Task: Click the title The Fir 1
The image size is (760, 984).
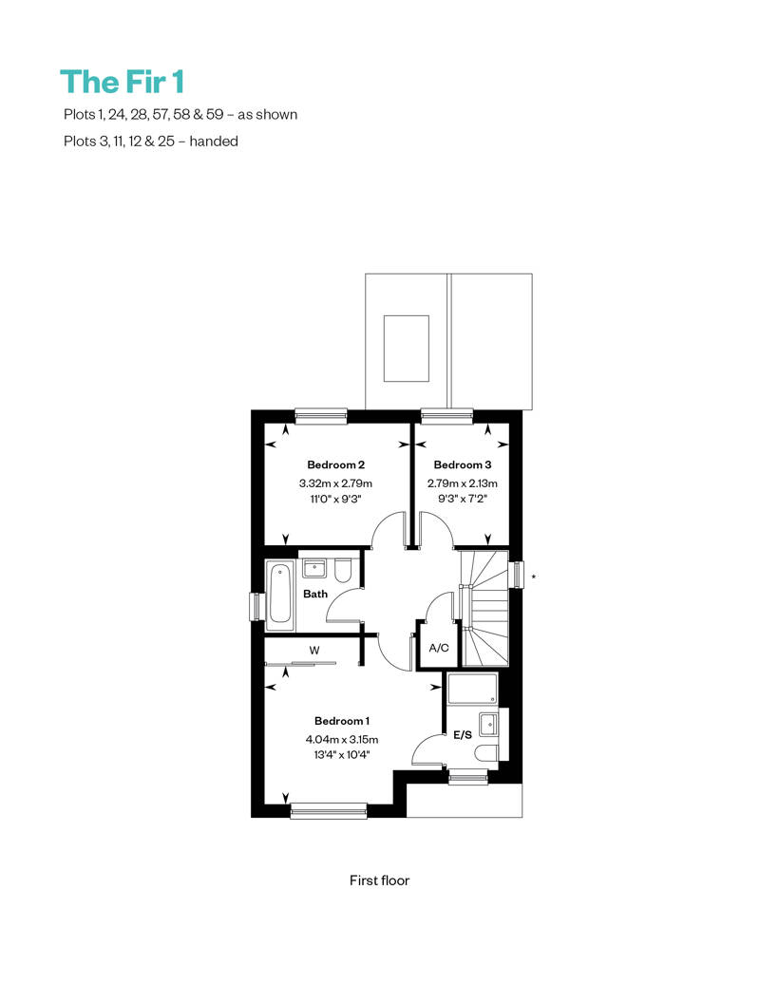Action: click(123, 82)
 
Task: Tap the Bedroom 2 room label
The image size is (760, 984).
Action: click(335, 465)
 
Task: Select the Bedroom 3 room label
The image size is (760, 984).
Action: click(463, 465)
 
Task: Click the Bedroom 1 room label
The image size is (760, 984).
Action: click(342, 721)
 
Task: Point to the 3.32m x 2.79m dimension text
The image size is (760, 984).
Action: click(335, 483)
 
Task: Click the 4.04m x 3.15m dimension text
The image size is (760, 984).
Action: click(342, 739)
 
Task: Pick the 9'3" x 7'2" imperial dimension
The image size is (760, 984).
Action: click(463, 500)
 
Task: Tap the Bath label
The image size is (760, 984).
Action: click(315, 594)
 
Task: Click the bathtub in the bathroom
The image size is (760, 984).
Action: click(280, 596)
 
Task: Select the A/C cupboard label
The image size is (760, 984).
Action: click(439, 648)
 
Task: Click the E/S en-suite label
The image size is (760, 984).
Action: click(463, 734)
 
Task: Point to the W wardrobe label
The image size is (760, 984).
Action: click(314, 650)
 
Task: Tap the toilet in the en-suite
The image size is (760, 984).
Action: click(486, 752)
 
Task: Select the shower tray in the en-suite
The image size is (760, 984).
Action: click(472, 689)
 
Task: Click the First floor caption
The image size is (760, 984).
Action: click(379, 880)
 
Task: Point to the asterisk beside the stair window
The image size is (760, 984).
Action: click(534, 577)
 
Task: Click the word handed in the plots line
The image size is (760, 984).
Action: click(214, 142)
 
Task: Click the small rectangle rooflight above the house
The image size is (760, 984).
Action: click(406, 349)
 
